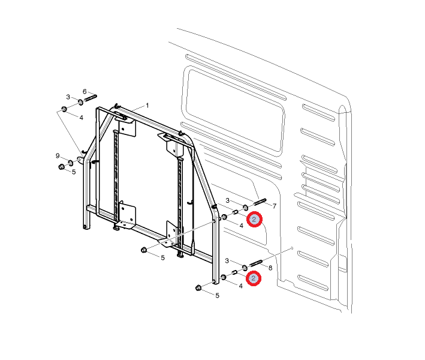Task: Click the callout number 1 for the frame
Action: click(147, 105)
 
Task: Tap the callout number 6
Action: click(85, 92)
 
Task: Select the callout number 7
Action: click(275, 206)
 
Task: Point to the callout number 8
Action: click(270, 268)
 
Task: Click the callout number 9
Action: click(58, 156)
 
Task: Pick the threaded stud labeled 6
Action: click(91, 98)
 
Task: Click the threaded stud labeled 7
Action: click(260, 202)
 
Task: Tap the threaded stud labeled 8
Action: click(255, 263)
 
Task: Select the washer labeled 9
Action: click(71, 163)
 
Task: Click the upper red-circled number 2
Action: click(254, 219)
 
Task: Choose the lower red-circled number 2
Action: click(254, 278)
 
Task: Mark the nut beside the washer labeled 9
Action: click(61, 167)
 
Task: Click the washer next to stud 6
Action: click(81, 102)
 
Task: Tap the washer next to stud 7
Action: click(245, 208)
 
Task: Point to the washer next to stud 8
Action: click(244, 268)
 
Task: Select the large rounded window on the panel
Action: click(234, 110)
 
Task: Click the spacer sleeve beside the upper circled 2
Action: click(235, 212)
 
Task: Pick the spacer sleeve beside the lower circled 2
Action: click(234, 272)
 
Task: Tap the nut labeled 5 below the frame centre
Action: click(144, 250)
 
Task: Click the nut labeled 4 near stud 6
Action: click(64, 109)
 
